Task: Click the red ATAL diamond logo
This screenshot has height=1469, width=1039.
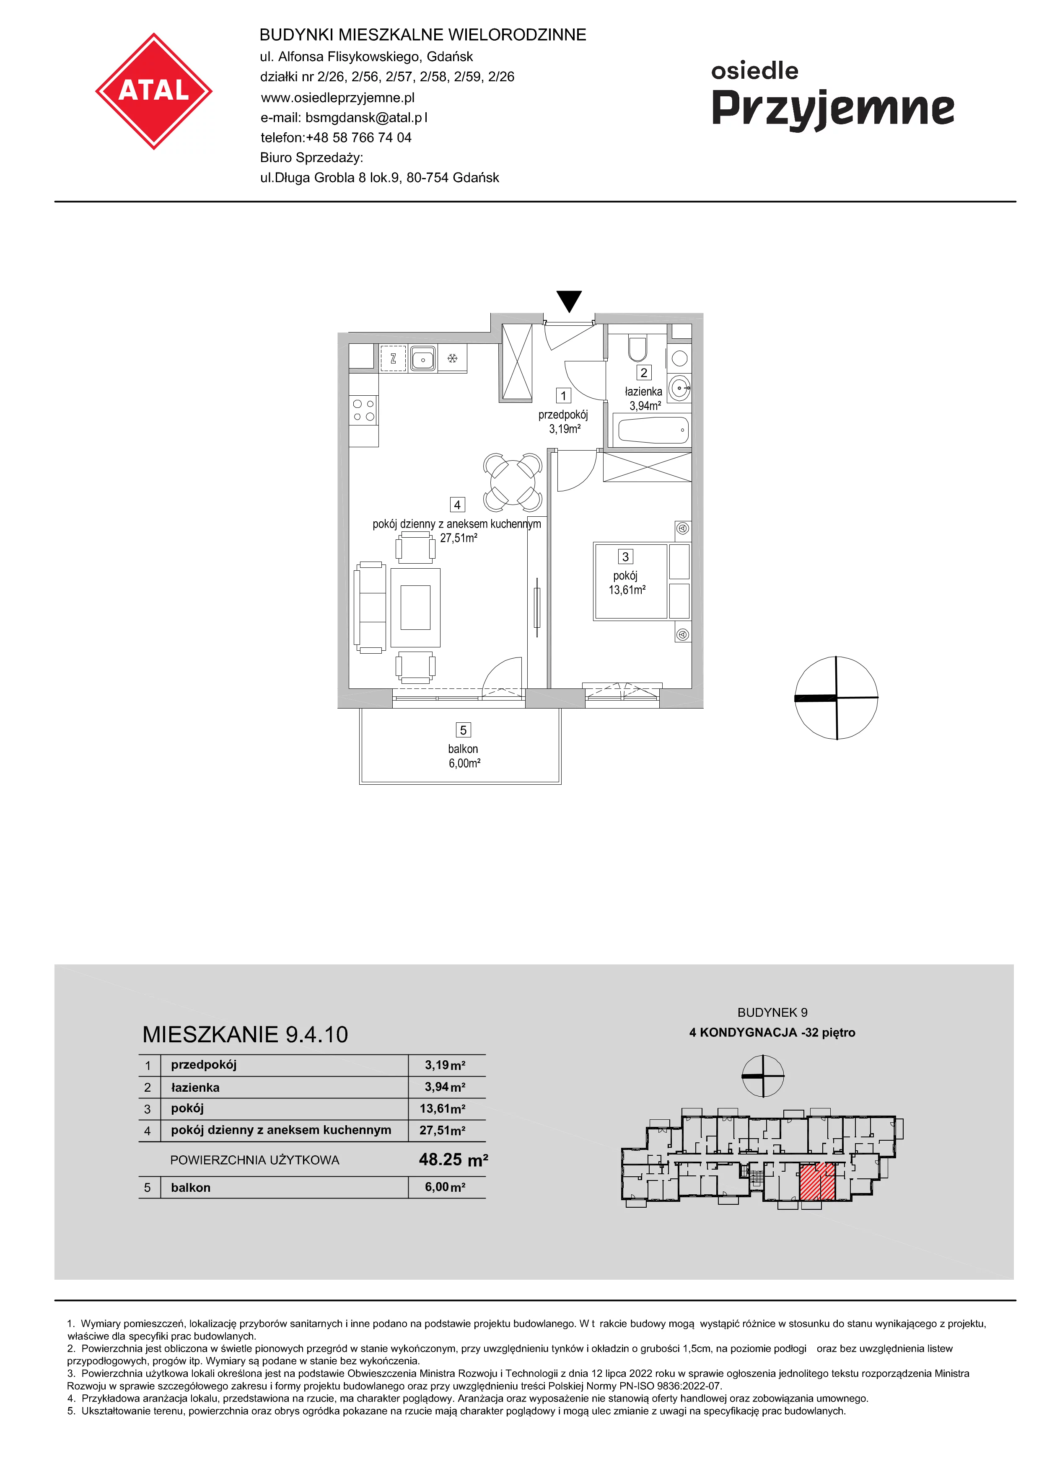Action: pos(154,91)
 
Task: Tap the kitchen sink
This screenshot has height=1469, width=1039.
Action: pos(422,358)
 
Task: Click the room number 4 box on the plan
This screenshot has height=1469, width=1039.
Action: pos(457,505)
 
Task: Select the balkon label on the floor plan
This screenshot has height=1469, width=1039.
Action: pos(463,749)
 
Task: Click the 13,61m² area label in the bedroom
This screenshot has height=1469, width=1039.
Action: pos(627,590)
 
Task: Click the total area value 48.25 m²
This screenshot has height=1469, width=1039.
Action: pos(453,1160)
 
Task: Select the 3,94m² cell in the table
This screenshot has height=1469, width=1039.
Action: pos(445,1087)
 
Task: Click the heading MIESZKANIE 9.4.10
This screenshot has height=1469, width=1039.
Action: pos(245,1035)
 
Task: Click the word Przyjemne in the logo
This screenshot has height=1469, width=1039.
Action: pos(833,109)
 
